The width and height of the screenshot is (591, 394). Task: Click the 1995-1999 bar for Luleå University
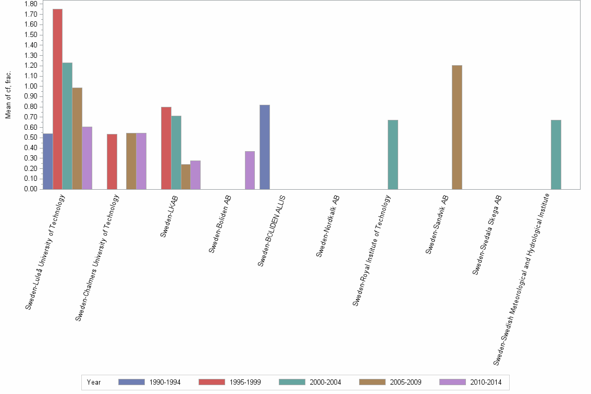[57, 99]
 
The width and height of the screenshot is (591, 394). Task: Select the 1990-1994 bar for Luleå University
[47, 162]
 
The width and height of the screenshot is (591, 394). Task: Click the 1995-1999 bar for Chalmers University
[112, 162]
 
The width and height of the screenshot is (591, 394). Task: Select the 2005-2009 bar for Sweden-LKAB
[186, 177]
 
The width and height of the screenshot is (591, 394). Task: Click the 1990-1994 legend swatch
[131, 382]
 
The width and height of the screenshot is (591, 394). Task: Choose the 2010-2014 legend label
[486, 383]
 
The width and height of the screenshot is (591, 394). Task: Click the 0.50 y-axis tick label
[30, 138]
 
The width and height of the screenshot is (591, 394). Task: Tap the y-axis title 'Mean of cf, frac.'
[8, 94]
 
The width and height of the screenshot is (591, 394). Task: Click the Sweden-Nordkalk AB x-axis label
[329, 226]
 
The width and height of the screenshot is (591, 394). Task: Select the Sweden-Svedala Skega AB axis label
[488, 235]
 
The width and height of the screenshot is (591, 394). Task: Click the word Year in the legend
[94, 383]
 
